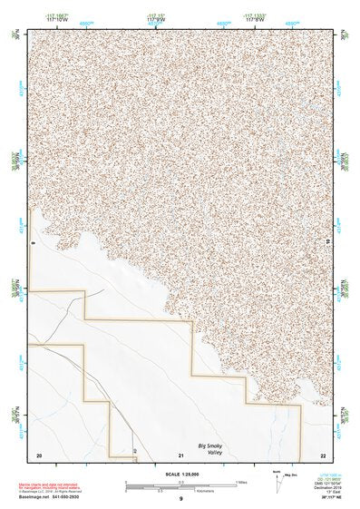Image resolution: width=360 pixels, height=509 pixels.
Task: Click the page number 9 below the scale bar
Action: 181,499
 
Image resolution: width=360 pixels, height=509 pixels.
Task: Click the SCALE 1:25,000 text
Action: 180,474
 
